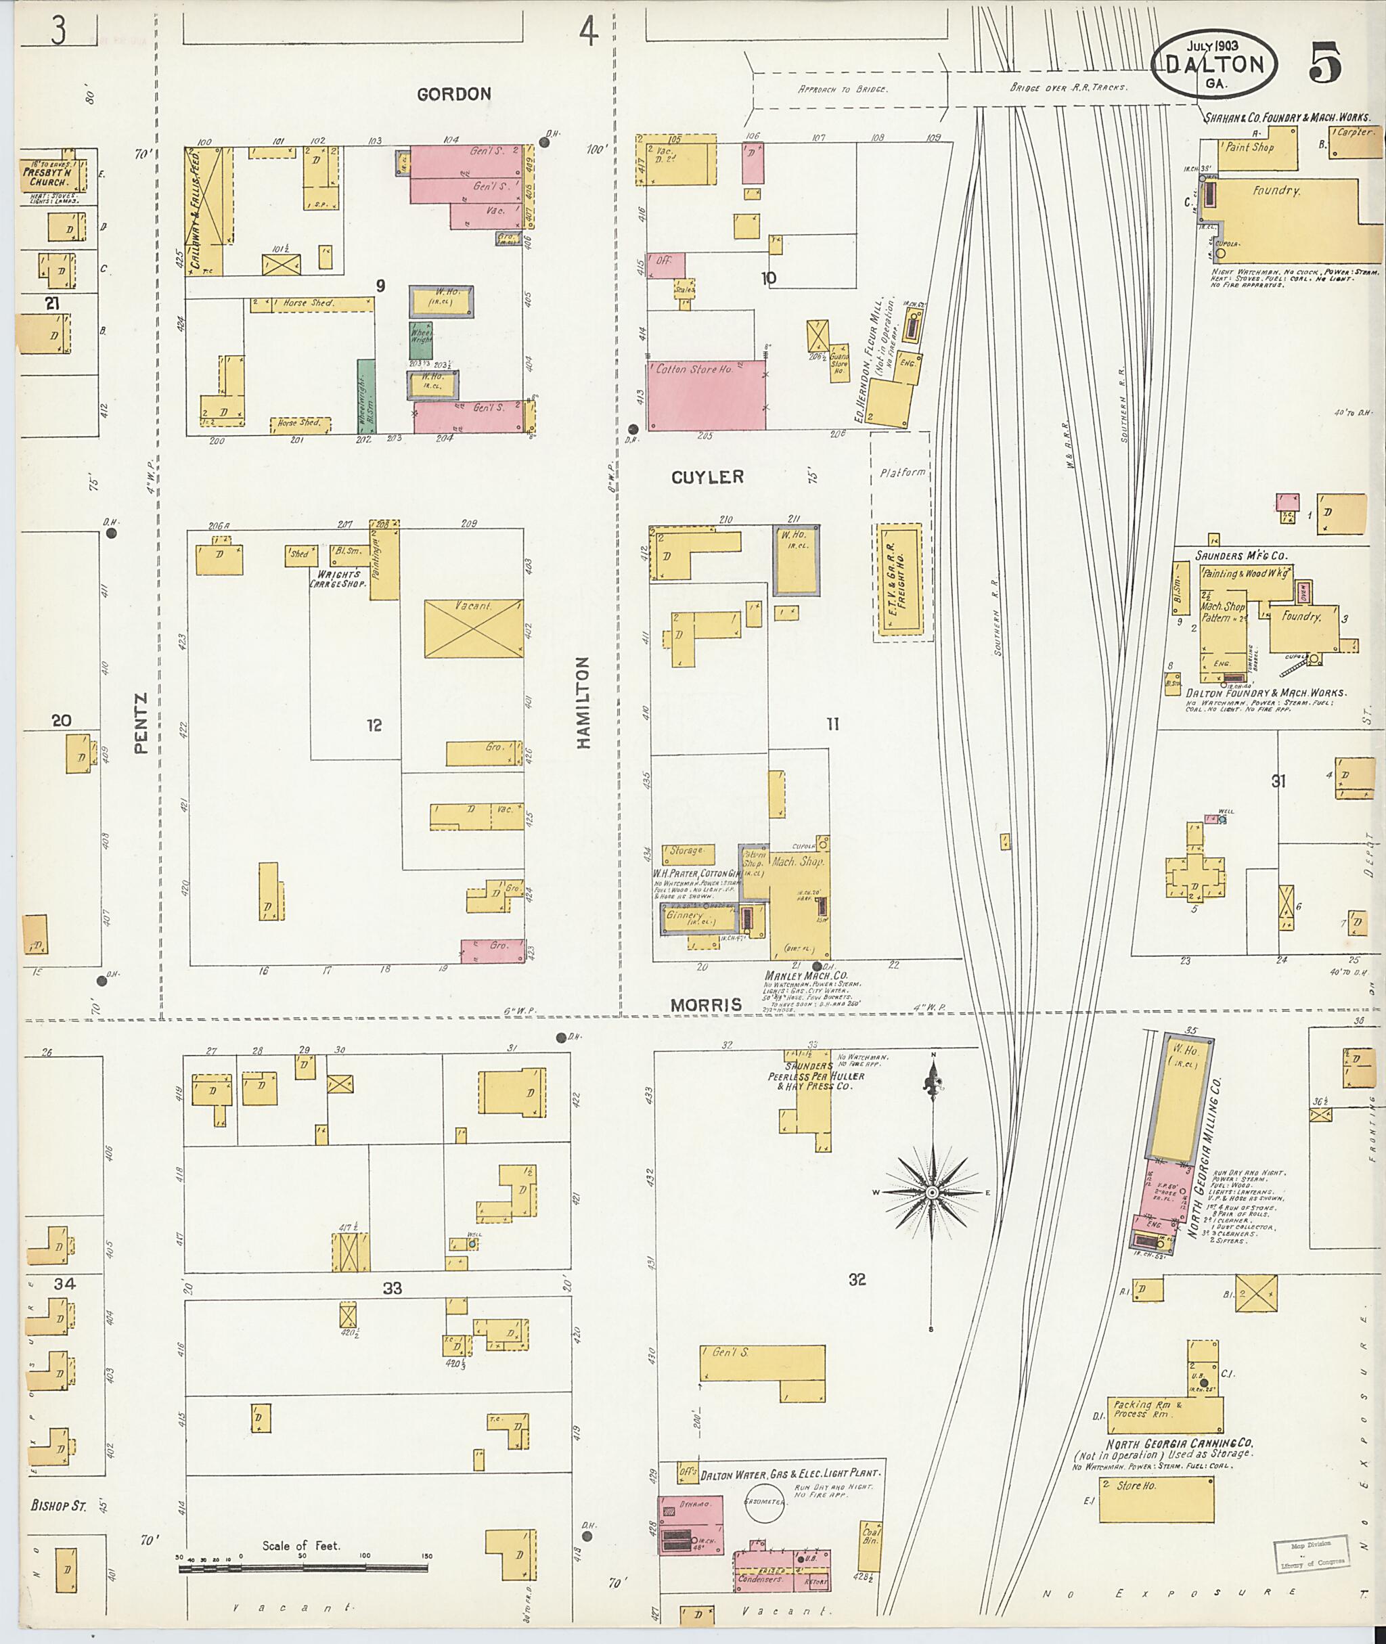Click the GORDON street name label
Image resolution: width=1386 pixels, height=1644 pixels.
tap(453, 94)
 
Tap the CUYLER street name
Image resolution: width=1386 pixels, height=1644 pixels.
tap(707, 477)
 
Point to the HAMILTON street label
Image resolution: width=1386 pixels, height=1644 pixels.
tap(584, 703)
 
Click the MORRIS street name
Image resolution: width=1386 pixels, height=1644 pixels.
tap(706, 1004)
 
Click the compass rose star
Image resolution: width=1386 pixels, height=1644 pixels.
tap(932, 1192)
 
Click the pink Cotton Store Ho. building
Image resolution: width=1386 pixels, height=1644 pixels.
tap(707, 395)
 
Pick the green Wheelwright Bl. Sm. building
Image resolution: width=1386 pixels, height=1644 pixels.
tap(365, 395)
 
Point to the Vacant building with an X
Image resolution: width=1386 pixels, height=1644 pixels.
tap(473, 629)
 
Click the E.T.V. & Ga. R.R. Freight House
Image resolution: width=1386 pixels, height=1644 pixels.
tap(899, 579)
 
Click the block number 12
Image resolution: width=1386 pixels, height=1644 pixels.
tap(374, 725)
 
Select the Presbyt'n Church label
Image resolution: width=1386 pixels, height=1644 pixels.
tap(49, 176)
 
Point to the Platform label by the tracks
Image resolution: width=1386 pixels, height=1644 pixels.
tap(902, 472)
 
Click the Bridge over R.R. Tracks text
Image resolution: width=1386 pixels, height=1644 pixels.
tap(1068, 87)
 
